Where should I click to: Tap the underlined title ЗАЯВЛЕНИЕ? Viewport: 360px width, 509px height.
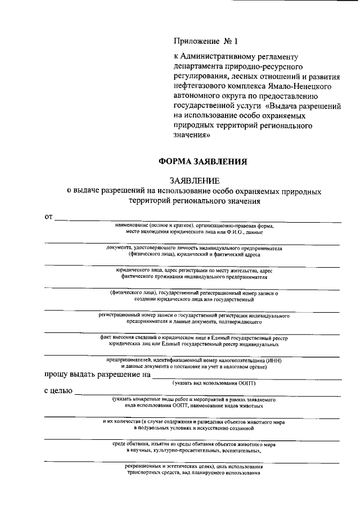(194, 181)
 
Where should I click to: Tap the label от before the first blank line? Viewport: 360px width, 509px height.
(49, 216)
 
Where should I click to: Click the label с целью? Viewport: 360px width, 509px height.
(58, 391)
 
